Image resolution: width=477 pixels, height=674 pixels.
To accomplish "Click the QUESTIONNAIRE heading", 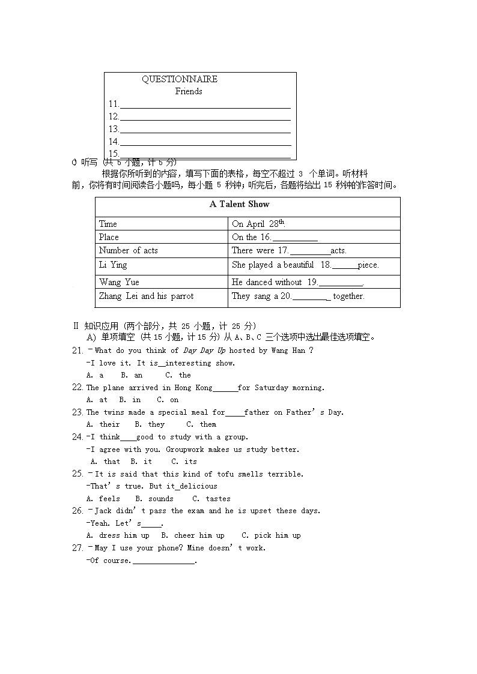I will pyautogui.click(x=179, y=79).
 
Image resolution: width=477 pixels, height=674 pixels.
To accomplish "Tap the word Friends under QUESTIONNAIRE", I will pyautogui.click(x=189, y=91).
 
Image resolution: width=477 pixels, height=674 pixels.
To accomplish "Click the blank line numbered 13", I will pyautogui.click(x=205, y=130).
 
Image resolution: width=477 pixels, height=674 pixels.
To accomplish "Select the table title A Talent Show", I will pyautogui.click(x=239, y=204).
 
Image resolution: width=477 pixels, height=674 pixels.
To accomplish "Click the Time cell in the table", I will pyautogui.click(x=108, y=224).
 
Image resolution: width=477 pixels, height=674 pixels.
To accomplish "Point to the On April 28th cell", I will pyautogui.click(x=258, y=224).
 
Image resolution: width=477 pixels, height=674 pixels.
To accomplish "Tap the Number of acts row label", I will pyautogui.click(x=129, y=250).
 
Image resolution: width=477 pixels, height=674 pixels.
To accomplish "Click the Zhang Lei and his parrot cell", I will pyautogui.click(x=146, y=296).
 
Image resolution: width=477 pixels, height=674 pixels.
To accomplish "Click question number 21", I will pyautogui.click(x=77, y=351).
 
